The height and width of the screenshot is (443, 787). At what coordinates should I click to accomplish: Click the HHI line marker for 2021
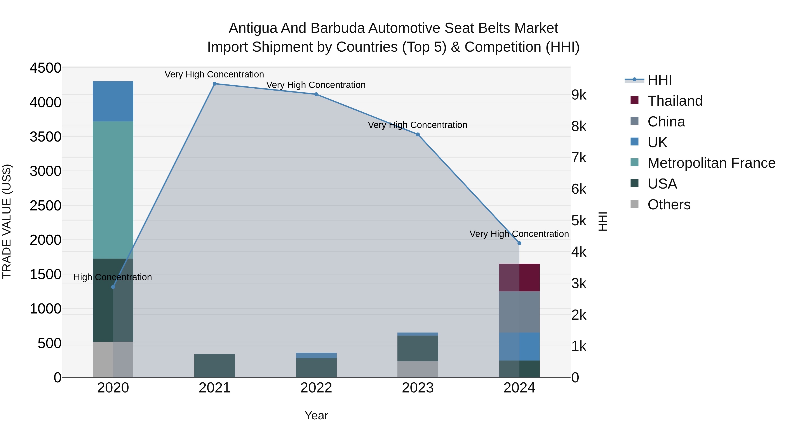tap(214, 84)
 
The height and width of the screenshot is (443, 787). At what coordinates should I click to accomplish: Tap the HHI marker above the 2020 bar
tap(113, 287)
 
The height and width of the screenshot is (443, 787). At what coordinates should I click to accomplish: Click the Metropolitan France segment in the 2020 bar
tap(113, 189)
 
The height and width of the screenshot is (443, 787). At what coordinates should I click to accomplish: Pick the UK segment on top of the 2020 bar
tap(113, 101)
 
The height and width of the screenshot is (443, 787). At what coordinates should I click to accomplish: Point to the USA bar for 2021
tap(214, 366)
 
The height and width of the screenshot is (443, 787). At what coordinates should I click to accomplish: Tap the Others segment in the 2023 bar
tap(418, 369)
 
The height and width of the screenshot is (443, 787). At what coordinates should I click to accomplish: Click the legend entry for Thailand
tap(675, 101)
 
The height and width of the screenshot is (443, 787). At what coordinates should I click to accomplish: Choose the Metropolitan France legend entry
tap(711, 163)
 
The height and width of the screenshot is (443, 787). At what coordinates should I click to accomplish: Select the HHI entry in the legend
tap(659, 80)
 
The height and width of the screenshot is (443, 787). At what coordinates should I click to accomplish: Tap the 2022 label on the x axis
tap(316, 388)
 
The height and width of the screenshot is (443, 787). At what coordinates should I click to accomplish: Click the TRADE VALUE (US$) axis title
tap(7, 221)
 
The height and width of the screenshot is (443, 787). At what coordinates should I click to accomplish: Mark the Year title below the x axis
tap(316, 415)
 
